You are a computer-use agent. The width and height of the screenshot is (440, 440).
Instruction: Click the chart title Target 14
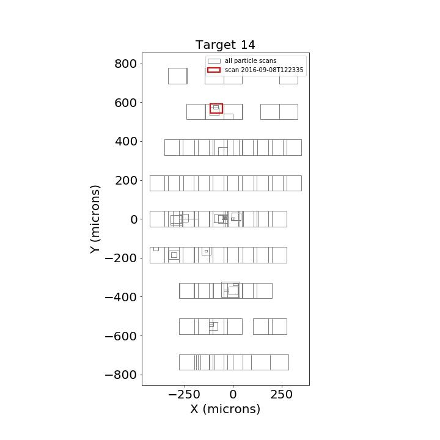226,45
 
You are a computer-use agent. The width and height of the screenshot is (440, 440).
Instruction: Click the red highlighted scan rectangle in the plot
216,104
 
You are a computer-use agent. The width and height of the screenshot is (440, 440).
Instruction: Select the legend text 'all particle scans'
251,61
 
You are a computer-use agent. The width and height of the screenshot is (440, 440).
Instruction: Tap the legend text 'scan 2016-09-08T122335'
264,70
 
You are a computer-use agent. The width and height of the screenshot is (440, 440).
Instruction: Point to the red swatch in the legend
214,70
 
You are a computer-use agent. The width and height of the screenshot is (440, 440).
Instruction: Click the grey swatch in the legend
214,61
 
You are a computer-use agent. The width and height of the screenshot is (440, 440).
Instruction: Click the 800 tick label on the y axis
126,64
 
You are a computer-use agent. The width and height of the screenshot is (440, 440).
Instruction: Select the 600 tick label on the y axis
126,103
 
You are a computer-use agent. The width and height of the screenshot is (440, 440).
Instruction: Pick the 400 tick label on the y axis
126,142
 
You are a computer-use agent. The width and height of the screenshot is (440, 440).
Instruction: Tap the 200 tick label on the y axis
126,181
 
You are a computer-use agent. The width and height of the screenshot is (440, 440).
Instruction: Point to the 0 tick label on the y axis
134,219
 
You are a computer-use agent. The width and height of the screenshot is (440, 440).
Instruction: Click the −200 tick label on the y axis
120,258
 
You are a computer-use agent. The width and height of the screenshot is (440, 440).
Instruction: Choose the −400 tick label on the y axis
120,297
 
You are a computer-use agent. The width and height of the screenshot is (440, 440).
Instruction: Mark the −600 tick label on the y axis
120,336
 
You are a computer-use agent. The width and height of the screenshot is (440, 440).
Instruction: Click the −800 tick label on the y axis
120,375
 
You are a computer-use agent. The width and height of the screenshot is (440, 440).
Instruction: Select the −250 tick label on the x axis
184,395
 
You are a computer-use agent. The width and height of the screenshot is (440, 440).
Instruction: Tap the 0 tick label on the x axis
233,395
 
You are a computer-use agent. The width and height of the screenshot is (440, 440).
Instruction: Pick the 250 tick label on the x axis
282,395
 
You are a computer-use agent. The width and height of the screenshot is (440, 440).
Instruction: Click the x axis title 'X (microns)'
226,409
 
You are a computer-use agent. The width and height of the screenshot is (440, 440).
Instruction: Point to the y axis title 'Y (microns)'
95,219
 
